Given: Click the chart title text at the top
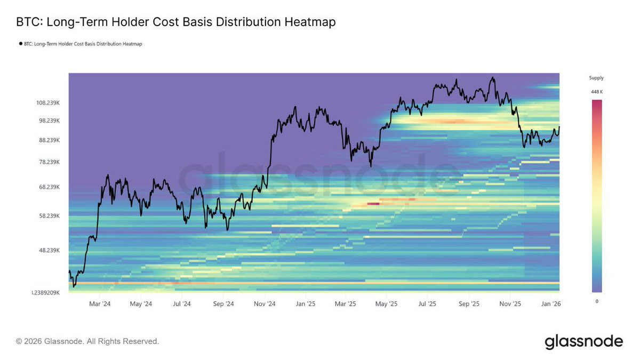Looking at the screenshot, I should click(x=175, y=22).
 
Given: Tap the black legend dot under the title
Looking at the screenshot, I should click(x=20, y=44).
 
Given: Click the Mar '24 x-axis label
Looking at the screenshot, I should click(x=100, y=304).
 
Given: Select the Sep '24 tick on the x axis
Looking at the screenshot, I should click(x=223, y=304).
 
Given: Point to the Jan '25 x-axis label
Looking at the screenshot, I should click(x=305, y=304).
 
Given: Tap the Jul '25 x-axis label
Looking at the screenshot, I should click(x=427, y=304).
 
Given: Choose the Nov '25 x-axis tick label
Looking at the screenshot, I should click(x=510, y=304).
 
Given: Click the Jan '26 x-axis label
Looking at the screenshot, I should click(x=550, y=304).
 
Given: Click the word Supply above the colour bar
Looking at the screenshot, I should click(x=596, y=78).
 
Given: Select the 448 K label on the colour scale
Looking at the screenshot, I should click(x=596, y=92).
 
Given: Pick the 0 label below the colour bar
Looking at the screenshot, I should click(x=596, y=301).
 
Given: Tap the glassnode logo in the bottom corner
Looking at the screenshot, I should click(x=583, y=341).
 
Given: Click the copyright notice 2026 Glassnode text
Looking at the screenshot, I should click(x=87, y=341).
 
